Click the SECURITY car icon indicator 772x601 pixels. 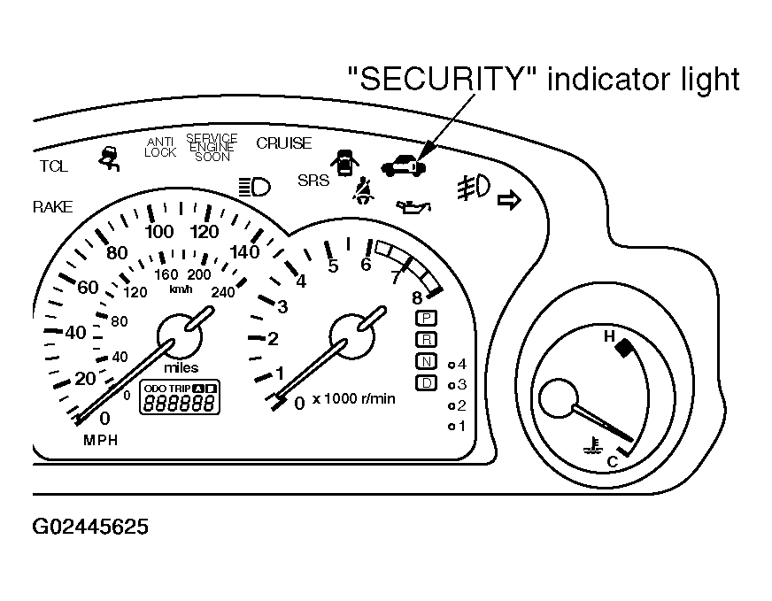[402, 165]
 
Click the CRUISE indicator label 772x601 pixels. [283, 143]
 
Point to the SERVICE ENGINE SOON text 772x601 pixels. [212, 148]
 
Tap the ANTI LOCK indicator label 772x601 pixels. [160, 147]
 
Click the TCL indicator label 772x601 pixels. [53, 166]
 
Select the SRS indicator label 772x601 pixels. [313, 181]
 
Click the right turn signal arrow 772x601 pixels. [510, 202]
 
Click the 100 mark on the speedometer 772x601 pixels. [159, 233]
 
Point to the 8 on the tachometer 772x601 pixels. [416, 299]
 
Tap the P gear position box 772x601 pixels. [426, 317]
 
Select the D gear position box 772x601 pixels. [426, 382]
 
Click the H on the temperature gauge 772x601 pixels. [608, 336]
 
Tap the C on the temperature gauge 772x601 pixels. [611, 461]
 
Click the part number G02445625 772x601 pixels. [90, 528]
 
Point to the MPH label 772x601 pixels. [100, 440]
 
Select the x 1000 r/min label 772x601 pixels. [353, 398]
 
